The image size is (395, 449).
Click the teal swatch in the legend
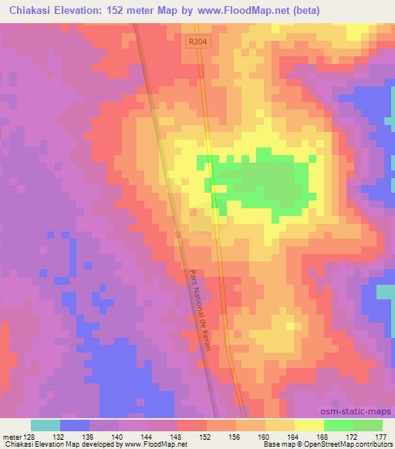click(x=46, y=425)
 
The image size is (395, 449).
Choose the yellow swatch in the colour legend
click(x=309, y=425)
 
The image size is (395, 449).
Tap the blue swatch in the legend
click(x=75, y=425)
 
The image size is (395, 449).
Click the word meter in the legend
click(x=11, y=436)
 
